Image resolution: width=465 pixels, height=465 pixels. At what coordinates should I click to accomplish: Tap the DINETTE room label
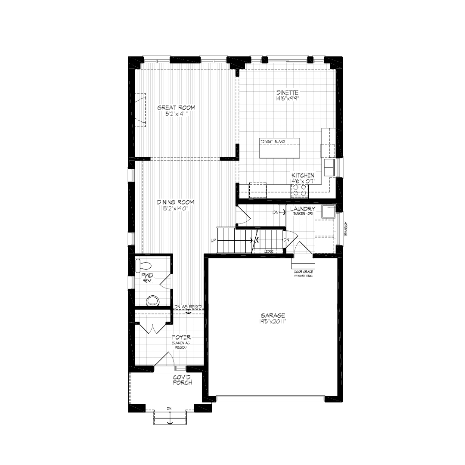288,93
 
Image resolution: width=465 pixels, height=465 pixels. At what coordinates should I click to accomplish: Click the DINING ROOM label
175,202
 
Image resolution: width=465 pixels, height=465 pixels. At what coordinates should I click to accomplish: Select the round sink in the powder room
152,300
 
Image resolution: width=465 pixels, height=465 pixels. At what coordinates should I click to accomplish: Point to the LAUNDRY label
303,209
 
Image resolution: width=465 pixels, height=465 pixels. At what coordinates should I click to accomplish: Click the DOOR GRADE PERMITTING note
303,274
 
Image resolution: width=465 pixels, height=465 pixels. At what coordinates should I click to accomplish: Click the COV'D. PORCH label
182,380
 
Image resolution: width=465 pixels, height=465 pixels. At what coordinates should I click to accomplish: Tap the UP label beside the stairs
213,240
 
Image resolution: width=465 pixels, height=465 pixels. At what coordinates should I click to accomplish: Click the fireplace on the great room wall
140,110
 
